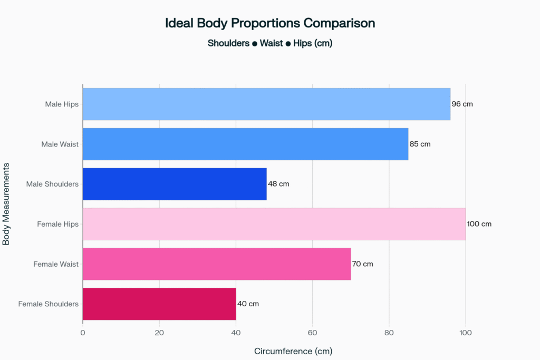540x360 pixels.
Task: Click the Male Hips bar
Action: tap(266, 104)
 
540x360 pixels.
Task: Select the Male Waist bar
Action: tap(245, 144)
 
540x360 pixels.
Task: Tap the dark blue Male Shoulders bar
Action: tap(175, 184)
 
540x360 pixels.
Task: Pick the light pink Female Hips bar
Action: tap(274, 224)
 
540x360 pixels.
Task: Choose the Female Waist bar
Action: tap(216, 264)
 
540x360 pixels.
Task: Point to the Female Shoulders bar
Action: tap(159, 304)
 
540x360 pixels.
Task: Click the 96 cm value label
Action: tap(462, 104)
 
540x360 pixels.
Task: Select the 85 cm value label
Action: tap(420, 144)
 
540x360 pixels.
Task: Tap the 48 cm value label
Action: tap(278, 184)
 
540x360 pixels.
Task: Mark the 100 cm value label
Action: tap(479, 224)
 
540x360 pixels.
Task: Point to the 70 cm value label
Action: tap(363, 264)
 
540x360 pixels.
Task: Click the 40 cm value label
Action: tap(248, 304)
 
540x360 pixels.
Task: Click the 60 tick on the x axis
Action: tap(312, 333)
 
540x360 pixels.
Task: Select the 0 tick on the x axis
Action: tap(83, 333)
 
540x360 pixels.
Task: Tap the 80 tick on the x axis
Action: tap(389, 333)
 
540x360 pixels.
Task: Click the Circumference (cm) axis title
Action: tap(293, 351)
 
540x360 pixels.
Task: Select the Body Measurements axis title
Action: tap(7, 203)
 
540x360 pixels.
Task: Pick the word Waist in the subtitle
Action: tap(271, 43)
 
